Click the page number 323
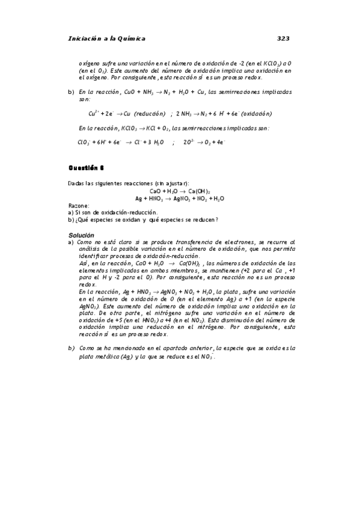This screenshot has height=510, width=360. pos(283,38)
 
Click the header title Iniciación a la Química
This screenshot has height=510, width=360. pos(108,38)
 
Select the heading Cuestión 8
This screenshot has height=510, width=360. pos(87,168)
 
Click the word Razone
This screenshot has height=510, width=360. pos(79,205)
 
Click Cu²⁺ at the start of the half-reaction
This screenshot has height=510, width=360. pos(93,113)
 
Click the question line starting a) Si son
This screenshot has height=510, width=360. pos(113,212)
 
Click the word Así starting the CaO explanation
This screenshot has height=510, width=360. pos(82,263)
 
